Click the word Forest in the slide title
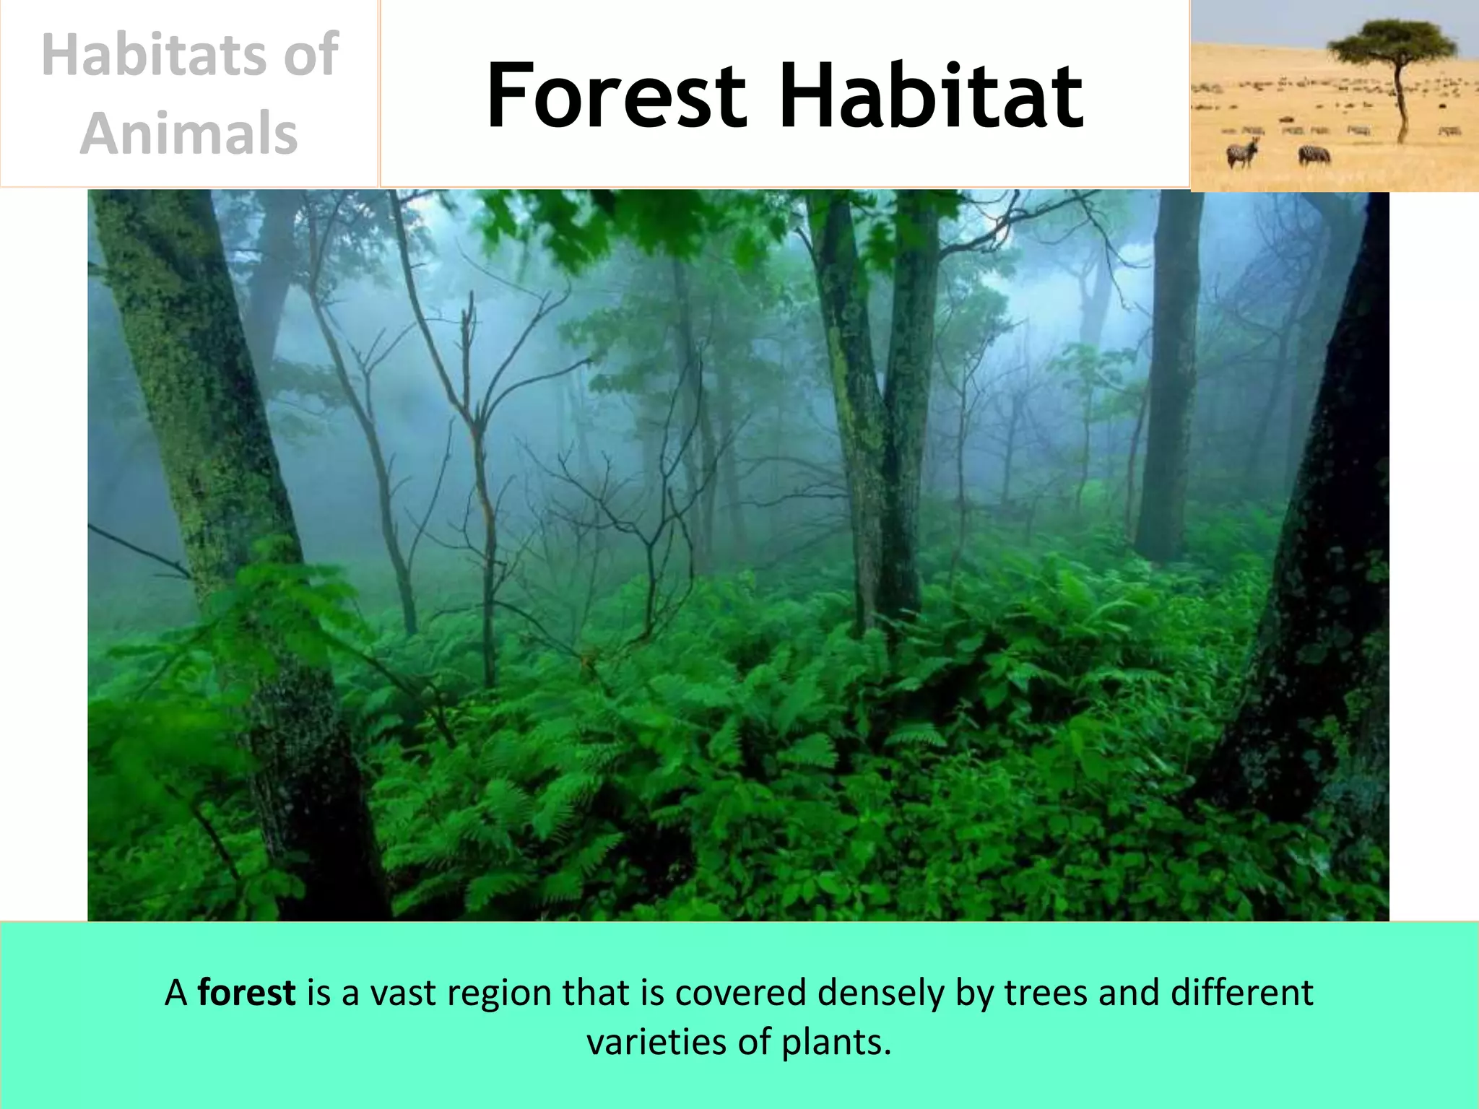pyautogui.click(x=615, y=96)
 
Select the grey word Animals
pyautogui.click(x=189, y=134)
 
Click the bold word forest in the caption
pyautogui.click(x=246, y=993)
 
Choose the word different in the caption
pyautogui.click(x=1241, y=993)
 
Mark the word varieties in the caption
pyautogui.click(x=656, y=1042)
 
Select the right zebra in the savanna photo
pyautogui.click(x=1314, y=155)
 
